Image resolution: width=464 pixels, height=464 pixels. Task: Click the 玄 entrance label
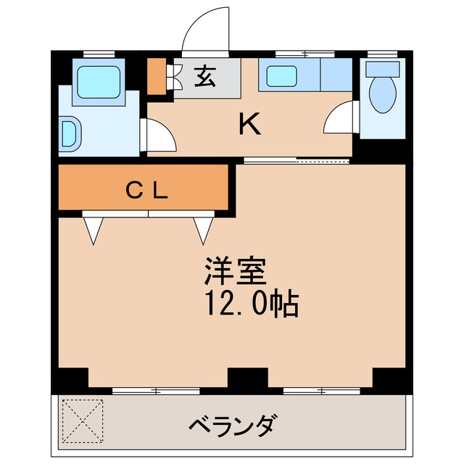[x=204, y=76]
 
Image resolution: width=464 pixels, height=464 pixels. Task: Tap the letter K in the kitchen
[x=250, y=125]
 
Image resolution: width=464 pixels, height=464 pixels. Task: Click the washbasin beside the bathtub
[x=71, y=133]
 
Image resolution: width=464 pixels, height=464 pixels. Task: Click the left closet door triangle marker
[x=94, y=230]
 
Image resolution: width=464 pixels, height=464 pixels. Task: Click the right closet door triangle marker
[x=202, y=230]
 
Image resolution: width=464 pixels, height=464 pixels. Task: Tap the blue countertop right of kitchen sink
[x=336, y=75]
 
